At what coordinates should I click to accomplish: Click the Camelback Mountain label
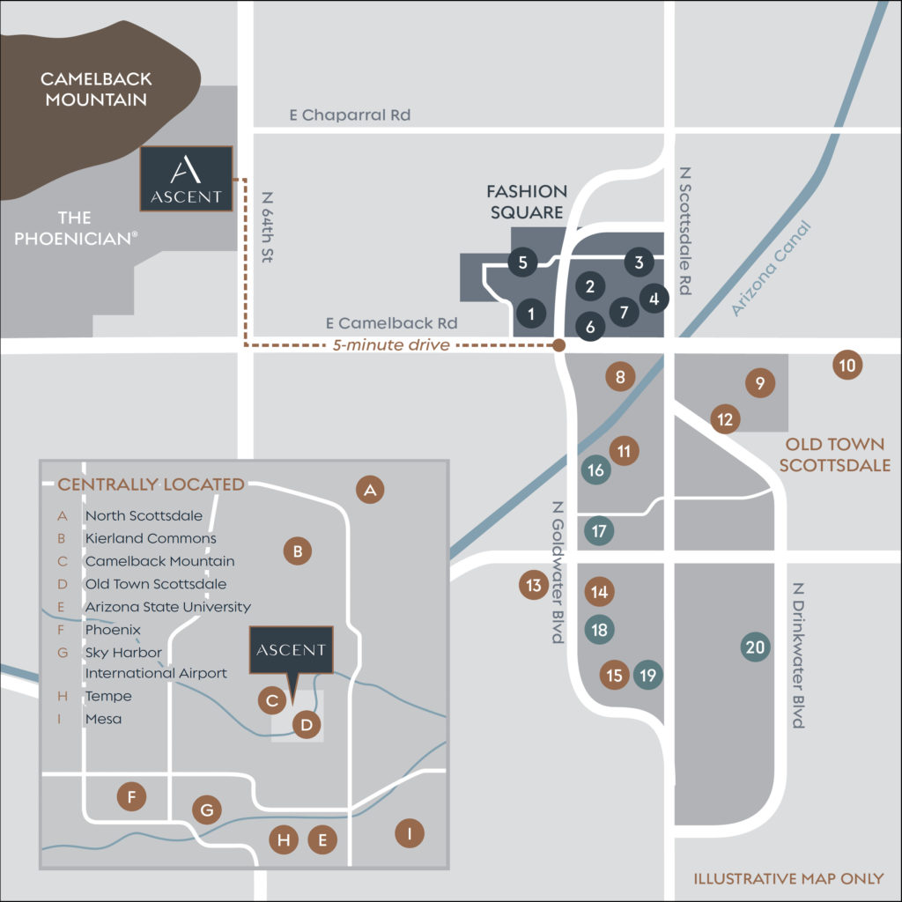click(96, 89)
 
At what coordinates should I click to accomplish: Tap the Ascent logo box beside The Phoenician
click(186, 179)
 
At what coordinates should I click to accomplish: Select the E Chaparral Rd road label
click(350, 115)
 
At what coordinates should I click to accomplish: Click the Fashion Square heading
click(528, 202)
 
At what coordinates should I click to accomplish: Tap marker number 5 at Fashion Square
click(522, 262)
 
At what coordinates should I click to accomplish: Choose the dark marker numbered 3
click(640, 262)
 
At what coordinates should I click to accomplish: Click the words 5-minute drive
click(392, 345)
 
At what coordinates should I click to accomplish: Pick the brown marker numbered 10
click(847, 365)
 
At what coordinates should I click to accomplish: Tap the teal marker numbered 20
click(755, 647)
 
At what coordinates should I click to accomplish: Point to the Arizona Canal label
click(772, 269)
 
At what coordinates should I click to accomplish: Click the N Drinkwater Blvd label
click(798, 655)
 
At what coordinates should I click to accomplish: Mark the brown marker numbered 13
click(533, 585)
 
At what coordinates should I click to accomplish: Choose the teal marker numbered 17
click(599, 531)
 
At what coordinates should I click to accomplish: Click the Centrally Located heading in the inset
click(151, 484)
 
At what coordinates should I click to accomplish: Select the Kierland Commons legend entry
click(151, 538)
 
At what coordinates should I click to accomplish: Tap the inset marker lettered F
click(131, 798)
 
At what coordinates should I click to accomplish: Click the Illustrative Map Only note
click(788, 879)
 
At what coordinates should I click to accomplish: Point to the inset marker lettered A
click(371, 490)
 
